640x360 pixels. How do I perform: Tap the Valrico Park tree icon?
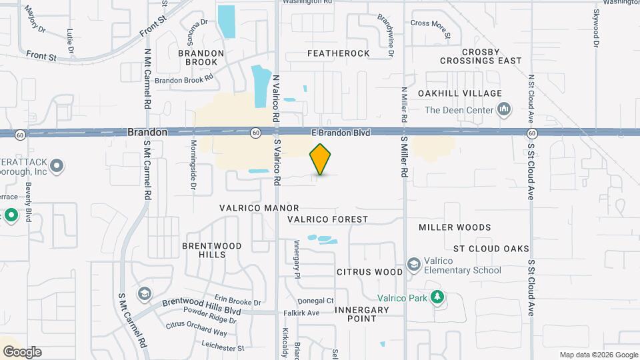tap(437, 297)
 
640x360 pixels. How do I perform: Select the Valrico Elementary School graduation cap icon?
tap(414, 265)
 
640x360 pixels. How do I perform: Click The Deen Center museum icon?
tap(505, 109)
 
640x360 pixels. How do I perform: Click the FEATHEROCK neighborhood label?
tap(338, 53)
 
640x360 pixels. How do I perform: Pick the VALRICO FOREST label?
tap(327, 219)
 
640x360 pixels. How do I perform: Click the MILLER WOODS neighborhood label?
tap(455, 227)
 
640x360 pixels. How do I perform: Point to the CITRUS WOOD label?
tap(369, 272)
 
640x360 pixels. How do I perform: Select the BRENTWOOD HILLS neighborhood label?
tap(212, 251)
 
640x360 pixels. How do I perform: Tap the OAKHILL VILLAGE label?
tap(459, 93)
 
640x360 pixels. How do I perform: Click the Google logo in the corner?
tap(22, 352)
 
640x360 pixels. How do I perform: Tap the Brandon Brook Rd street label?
tap(183, 79)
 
